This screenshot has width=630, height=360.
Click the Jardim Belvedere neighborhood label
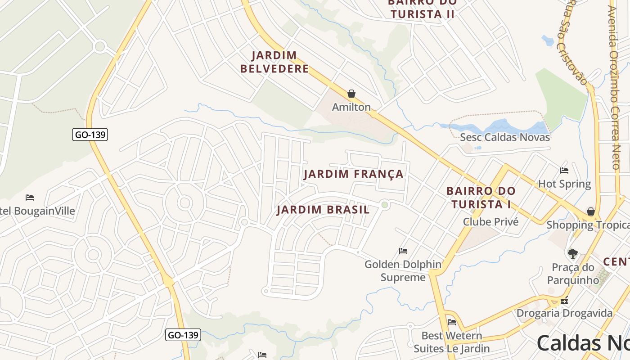(x=274, y=62)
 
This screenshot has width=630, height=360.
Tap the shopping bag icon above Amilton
(x=351, y=94)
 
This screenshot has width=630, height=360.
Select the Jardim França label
(x=354, y=174)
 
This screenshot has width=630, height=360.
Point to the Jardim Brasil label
(x=323, y=210)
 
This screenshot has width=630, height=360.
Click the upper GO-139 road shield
(x=90, y=134)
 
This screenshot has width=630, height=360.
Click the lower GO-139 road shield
(x=183, y=335)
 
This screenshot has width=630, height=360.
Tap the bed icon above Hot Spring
(x=564, y=170)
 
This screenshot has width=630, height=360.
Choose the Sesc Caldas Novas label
(x=505, y=137)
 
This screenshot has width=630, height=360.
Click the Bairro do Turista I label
(x=481, y=198)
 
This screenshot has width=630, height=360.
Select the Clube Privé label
(x=490, y=222)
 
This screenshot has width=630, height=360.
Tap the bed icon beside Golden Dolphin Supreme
(x=403, y=251)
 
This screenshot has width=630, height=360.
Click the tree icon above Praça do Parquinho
(x=572, y=254)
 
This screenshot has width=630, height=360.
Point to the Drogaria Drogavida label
(x=564, y=313)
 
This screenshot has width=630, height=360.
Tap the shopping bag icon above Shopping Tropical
(x=591, y=211)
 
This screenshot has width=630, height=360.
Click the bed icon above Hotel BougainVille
(x=30, y=197)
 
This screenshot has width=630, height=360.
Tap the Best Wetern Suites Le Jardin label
(x=451, y=342)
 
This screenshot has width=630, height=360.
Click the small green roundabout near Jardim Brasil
(x=384, y=205)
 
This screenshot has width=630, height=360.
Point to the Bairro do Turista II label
(x=422, y=9)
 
